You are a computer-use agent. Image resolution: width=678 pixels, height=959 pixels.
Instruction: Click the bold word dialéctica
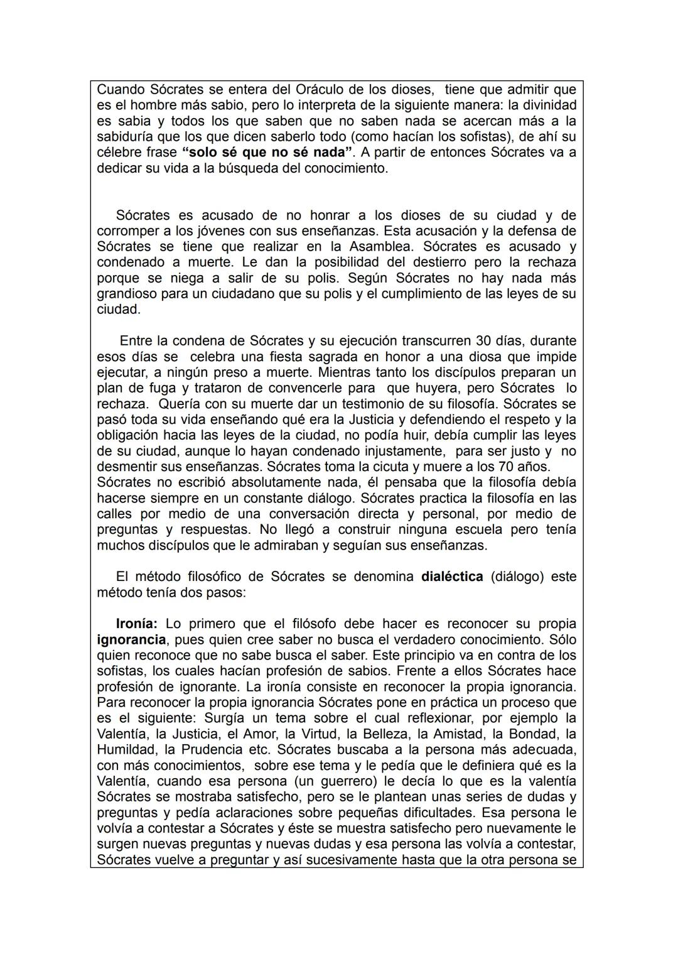pyautogui.click(x=452, y=577)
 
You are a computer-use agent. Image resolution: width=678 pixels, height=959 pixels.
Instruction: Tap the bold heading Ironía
pyautogui.click(x=136, y=624)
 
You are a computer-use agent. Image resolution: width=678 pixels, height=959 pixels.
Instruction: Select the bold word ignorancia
pyautogui.click(x=132, y=639)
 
